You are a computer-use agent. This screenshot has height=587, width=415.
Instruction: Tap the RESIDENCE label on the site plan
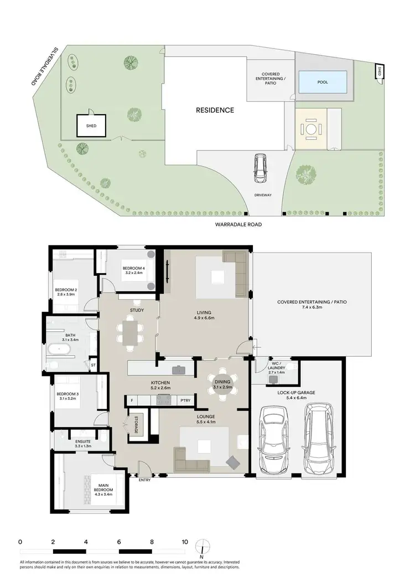[x=215, y=110]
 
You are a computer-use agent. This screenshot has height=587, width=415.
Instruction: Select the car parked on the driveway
[x=259, y=169]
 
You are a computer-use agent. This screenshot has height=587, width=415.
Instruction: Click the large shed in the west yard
[x=91, y=126]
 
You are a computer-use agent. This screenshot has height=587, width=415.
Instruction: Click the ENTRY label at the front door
[x=144, y=480]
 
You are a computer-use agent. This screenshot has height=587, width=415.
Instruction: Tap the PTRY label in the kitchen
[x=185, y=400]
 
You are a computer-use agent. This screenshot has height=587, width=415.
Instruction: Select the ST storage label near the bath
[x=93, y=365]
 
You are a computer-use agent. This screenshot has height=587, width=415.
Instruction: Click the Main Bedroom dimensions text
[x=103, y=495]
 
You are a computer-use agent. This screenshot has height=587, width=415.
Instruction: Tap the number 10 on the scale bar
[x=184, y=542]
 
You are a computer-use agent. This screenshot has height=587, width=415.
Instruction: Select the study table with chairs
[x=128, y=334]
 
